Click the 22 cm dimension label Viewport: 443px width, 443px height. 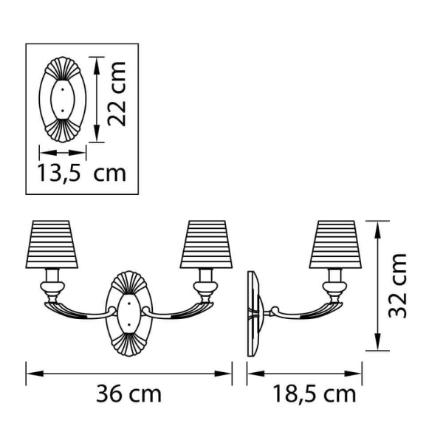click(117, 94)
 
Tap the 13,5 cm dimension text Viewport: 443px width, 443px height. click(81, 173)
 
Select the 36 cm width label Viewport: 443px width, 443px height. click(128, 394)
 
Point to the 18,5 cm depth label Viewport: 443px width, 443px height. click(314, 394)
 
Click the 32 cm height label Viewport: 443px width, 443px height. click(397, 286)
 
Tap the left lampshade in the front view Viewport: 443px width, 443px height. click(52, 244)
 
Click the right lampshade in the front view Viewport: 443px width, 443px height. click(206, 244)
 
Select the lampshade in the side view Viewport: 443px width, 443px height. click(335, 244)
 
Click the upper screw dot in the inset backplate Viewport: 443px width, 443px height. click(63, 89)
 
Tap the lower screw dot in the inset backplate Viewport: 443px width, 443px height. click(63, 111)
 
